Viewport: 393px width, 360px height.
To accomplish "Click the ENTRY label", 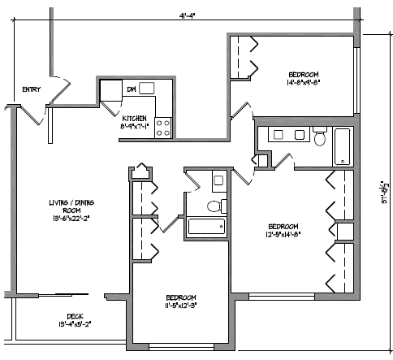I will coord(32,89).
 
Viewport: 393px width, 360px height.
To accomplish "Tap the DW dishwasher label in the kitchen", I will coord(131,89).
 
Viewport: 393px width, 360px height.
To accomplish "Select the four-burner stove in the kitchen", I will coord(163,127).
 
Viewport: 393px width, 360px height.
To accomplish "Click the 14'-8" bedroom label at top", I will coord(302,77).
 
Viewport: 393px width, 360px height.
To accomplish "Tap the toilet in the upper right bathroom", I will coord(319,139).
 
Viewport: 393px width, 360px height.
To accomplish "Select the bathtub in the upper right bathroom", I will coord(343,145).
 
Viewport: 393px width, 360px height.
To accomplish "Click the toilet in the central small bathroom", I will coord(214,206).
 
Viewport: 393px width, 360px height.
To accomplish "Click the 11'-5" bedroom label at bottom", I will coord(182,301).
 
